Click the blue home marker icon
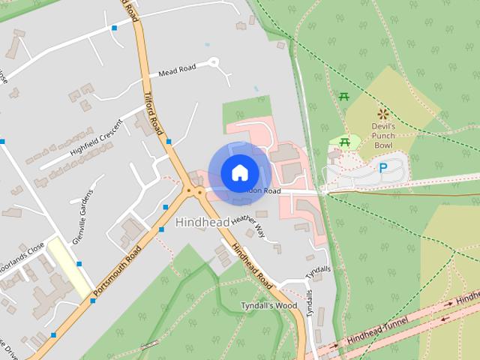(x=239, y=172)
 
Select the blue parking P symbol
(x=383, y=169)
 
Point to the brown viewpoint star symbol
(x=384, y=114)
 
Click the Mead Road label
(x=177, y=70)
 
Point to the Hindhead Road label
(x=252, y=263)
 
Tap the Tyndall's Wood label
(x=268, y=306)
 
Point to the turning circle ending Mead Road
(x=214, y=62)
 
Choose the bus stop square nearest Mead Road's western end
(x=114, y=28)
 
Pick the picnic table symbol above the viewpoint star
(x=344, y=96)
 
